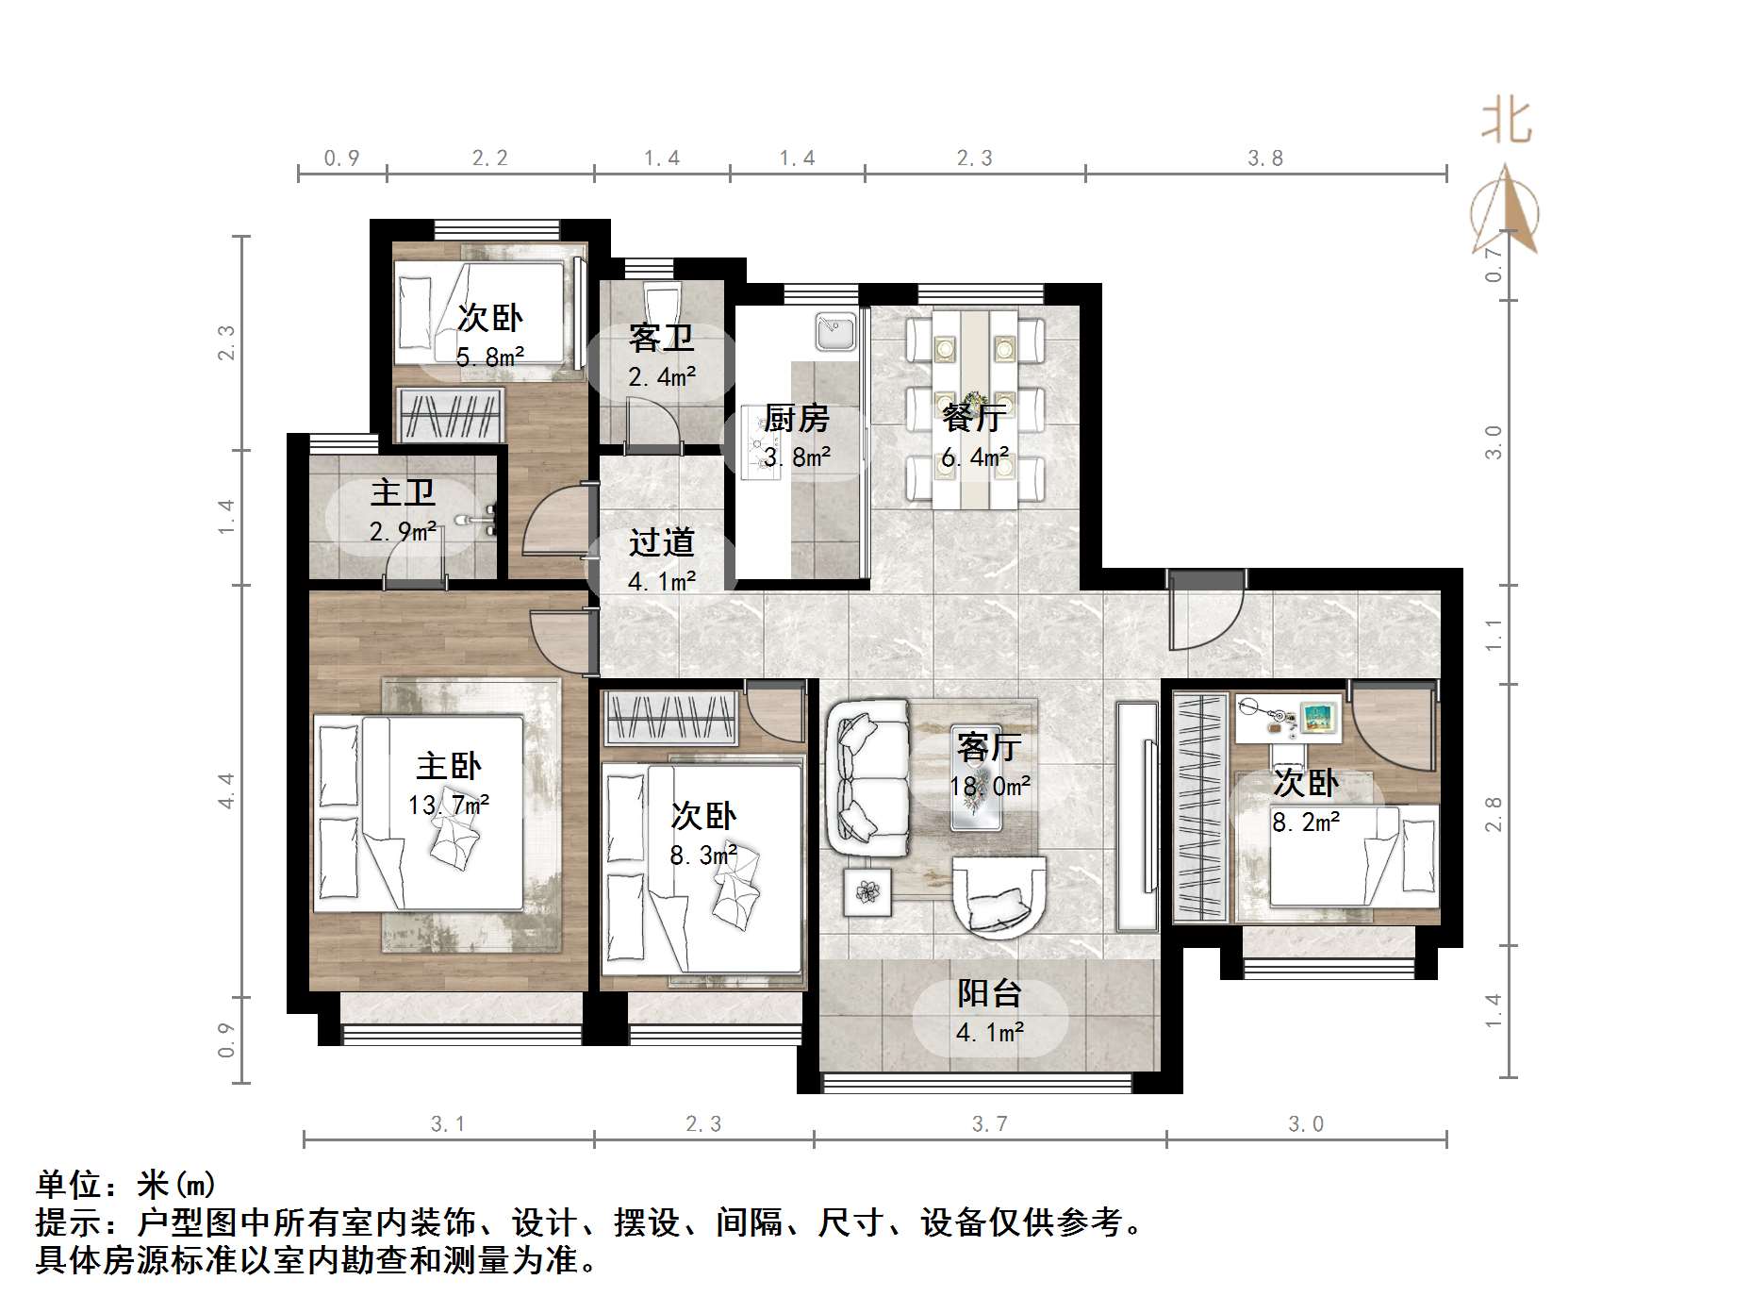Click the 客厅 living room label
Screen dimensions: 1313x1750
(x=988, y=747)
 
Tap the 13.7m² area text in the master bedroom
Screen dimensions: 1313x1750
(x=448, y=805)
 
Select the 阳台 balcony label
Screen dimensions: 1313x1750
(x=989, y=993)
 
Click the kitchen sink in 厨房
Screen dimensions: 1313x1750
(x=835, y=332)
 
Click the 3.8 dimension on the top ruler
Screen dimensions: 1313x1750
(x=1264, y=158)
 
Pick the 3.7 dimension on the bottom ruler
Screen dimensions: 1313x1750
(x=989, y=1123)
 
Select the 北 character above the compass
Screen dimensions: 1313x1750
(x=1506, y=123)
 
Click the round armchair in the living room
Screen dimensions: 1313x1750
(x=999, y=896)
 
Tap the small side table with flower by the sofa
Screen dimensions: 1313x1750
(x=867, y=890)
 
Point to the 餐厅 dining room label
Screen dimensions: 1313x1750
(x=974, y=416)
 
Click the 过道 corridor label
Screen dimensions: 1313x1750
(x=661, y=542)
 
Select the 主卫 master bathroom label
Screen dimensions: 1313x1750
(x=403, y=492)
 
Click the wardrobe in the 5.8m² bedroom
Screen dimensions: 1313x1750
(x=449, y=414)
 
